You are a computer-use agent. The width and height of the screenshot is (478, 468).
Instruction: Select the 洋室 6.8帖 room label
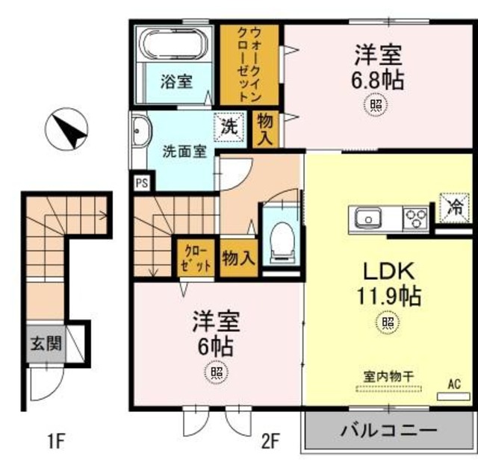[x=378, y=67]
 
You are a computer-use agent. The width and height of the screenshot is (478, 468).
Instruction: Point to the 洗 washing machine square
[x=230, y=126]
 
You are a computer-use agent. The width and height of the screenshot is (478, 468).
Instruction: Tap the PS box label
[x=141, y=181]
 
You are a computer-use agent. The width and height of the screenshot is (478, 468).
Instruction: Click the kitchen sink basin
[x=367, y=219]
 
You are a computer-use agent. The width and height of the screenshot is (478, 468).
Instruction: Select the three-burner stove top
[x=415, y=219]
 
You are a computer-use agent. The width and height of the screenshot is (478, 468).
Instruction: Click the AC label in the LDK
[x=453, y=384]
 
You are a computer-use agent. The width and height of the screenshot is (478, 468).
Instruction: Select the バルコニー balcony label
[x=388, y=431]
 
